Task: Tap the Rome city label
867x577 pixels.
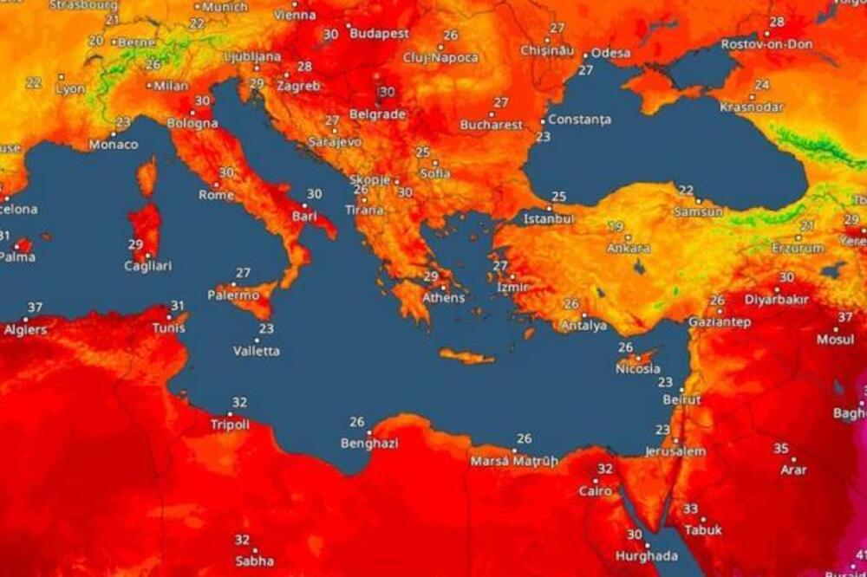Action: coord(216,195)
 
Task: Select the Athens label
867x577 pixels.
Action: coord(443,298)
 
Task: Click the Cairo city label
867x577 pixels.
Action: coord(595,491)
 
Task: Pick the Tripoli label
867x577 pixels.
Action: coord(230,425)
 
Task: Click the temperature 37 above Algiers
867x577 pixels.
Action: coord(35,308)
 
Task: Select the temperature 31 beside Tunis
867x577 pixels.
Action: coord(177,306)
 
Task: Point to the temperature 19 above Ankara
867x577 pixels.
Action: coord(616,227)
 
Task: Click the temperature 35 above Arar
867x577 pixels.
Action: coord(781,448)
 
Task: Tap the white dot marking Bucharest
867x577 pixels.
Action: coord(492,114)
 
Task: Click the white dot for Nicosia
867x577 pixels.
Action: coord(637,357)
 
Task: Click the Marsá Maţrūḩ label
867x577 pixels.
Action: coord(514,462)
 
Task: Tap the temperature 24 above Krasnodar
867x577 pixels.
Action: coord(762,85)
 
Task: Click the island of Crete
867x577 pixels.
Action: coord(466,356)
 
